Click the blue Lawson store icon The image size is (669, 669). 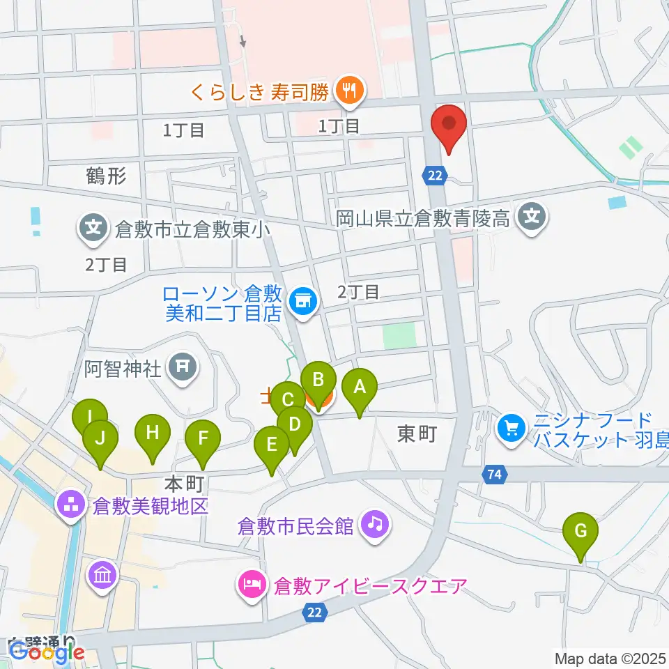point(303,301)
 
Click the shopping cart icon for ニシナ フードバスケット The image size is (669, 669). point(512,427)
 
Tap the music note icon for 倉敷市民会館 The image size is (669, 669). point(376,523)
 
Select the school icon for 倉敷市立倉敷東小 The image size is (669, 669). point(93,227)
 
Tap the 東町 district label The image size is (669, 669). point(416,434)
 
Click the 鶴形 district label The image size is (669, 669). point(107,176)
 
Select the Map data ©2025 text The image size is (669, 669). point(610,658)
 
